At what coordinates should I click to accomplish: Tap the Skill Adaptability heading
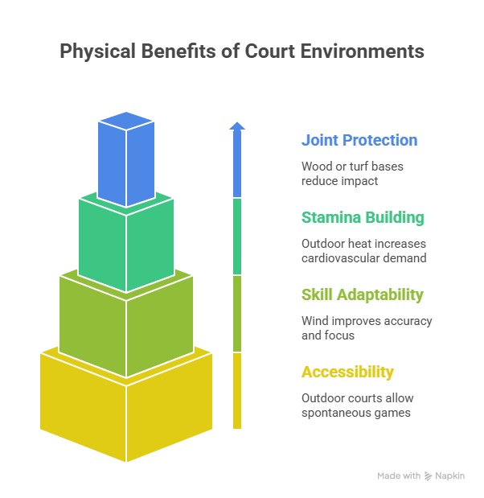(x=362, y=295)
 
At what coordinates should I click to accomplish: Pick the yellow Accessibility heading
(x=347, y=372)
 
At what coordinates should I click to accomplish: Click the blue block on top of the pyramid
(x=125, y=161)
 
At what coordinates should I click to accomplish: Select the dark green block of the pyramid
(x=126, y=241)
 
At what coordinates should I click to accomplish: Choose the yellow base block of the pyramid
(x=126, y=406)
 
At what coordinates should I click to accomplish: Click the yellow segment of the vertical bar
(x=236, y=390)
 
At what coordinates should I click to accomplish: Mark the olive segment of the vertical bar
(x=236, y=314)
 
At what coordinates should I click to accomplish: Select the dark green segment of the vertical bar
(x=236, y=237)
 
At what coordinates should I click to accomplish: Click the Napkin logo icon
(x=428, y=476)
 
